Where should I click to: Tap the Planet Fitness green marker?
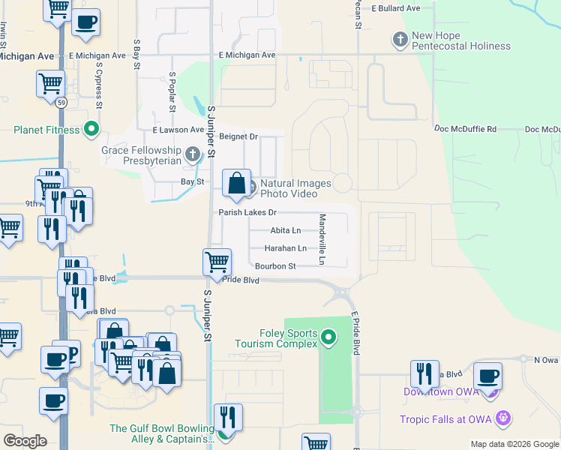pos(92,130)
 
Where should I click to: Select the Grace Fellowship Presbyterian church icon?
pos(193,156)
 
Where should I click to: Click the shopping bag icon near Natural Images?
pos(236,184)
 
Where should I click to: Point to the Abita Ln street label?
pos(286,230)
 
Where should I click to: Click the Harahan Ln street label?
pos(286,248)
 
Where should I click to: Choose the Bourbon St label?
pos(275,266)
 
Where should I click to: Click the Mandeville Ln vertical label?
pos(322,239)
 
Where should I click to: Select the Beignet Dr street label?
pos(238,136)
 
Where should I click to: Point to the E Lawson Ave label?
pos(178,130)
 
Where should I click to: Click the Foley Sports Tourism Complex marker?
pos(328,339)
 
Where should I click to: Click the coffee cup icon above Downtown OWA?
pos(488,376)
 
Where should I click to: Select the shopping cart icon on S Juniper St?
pos(217,262)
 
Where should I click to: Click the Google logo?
pos(25,441)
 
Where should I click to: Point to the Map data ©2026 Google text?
pos(514,444)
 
